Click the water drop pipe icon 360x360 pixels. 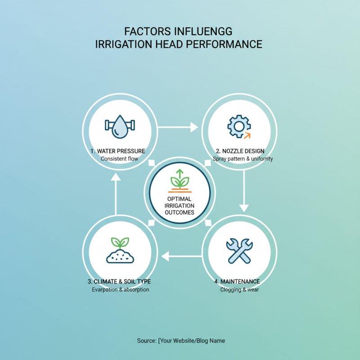pyautogui.click(x=120, y=126)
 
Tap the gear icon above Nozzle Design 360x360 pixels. pyautogui.click(x=239, y=126)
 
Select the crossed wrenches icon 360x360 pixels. pyautogui.click(x=239, y=251)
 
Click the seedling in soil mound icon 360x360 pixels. pyautogui.click(x=120, y=250)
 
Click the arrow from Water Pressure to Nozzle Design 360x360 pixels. pyautogui.click(x=178, y=127)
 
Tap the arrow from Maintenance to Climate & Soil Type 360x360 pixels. pyautogui.click(x=181, y=256)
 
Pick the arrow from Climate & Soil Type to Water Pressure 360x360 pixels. pyautogui.click(x=116, y=194)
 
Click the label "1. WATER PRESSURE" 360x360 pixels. pyautogui.click(x=118, y=151)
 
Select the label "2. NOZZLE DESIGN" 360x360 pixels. pyautogui.click(x=240, y=151)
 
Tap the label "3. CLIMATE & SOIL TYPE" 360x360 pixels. pyautogui.click(x=119, y=282)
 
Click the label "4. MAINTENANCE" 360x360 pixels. pyautogui.click(x=237, y=282)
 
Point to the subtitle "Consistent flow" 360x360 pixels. pyautogui.click(x=119, y=159)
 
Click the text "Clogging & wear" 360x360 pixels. pyautogui.click(x=239, y=290)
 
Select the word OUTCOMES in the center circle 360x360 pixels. pyautogui.click(x=180, y=212)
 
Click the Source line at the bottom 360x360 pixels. pyautogui.click(x=181, y=341)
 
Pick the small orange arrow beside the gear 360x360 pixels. pyautogui.click(x=247, y=136)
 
